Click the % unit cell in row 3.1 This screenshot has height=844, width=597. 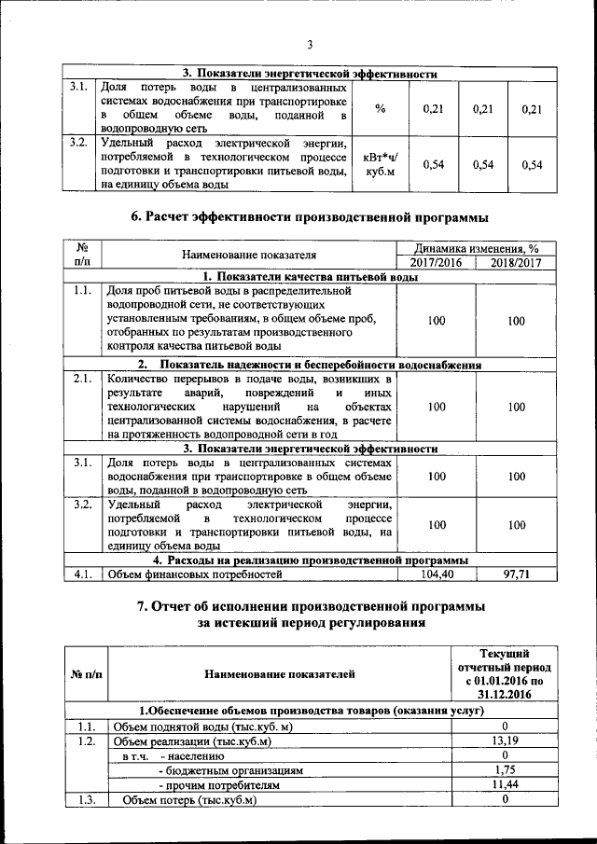381,109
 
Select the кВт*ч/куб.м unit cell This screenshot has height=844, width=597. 381,165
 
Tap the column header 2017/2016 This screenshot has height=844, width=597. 437,263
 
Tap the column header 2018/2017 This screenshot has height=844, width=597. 516,263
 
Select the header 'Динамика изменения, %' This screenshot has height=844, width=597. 477,249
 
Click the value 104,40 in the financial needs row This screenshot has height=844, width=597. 437,574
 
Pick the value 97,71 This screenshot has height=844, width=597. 516,574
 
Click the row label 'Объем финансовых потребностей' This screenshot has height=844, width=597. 195,574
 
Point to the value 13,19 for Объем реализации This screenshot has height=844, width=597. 504,741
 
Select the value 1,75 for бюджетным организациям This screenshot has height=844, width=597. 504,771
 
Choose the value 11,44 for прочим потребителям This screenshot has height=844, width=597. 504,786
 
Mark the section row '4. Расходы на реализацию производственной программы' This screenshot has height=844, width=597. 311,560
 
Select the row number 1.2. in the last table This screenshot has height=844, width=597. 87,741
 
